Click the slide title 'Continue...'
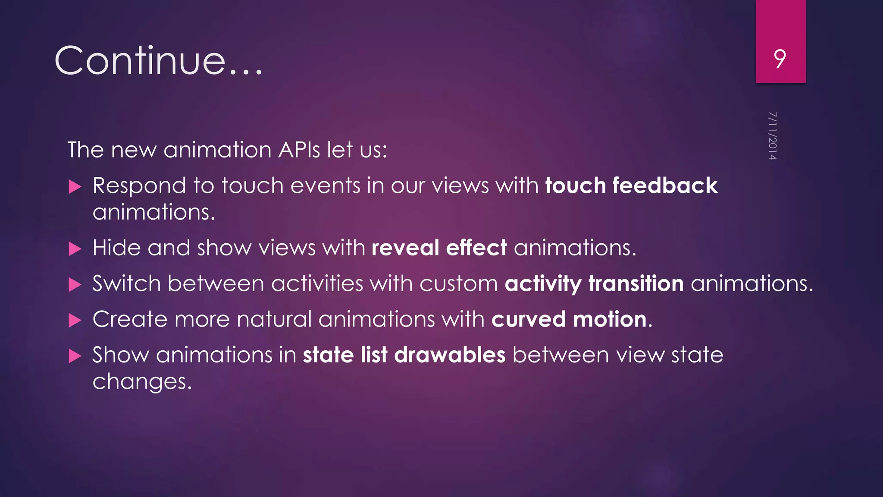tap(158, 60)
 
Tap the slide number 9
tap(780, 59)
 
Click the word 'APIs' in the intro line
tap(299, 150)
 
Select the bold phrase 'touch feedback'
tap(631, 186)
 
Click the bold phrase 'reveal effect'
tap(439, 248)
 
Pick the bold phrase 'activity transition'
tap(594, 284)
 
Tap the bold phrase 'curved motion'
tap(569, 320)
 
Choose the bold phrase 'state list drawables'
tap(404, 355)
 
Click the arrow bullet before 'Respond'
tap(75, 187)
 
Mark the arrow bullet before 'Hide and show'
tap(75, 249)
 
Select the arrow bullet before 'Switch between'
tap(75, 285)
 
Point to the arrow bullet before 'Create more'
tap(75, 321)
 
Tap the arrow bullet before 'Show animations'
tap(75, 356)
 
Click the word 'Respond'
tap(139, 186)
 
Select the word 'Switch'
tap(126, 284)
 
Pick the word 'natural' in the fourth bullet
tap(274, 320)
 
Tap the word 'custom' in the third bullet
tap(458, 284)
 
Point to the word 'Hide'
tap(116, 248)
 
